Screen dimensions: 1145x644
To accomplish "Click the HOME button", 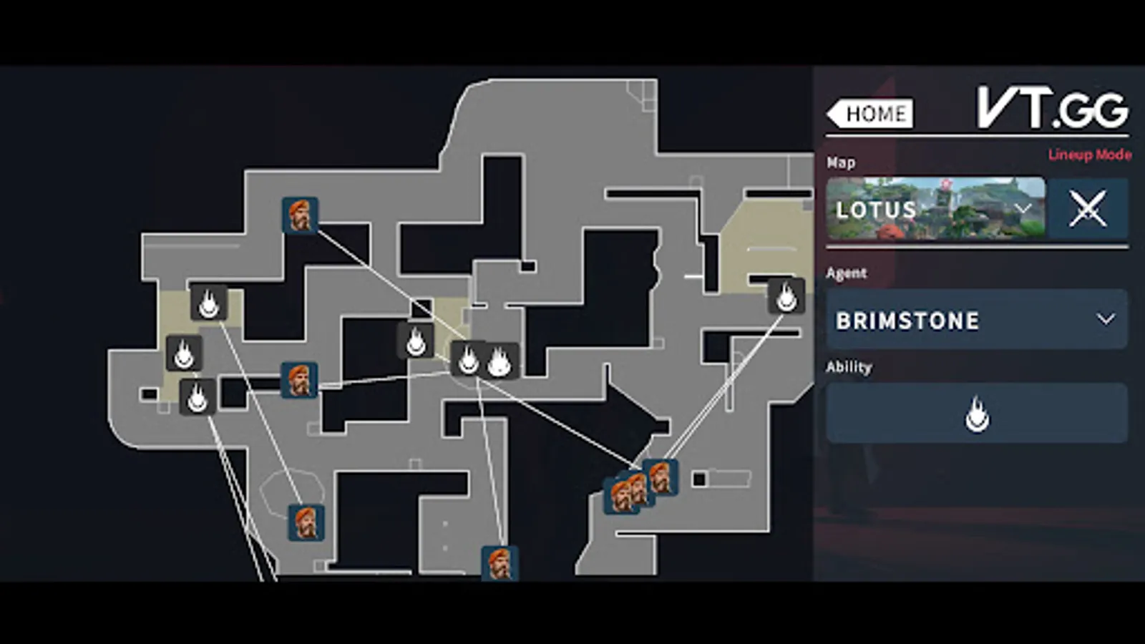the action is pyautogui.click(x=870, y=114).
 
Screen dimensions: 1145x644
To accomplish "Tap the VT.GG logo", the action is pyautogui.click(x=1053, y=108).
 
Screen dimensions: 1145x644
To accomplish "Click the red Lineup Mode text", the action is pyautogui.click(x=1089, y=155).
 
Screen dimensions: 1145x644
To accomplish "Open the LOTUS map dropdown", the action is pyautogui.click(x=935, y=208).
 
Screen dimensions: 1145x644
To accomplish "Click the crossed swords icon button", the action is pyautogui.click(x=1088, y=208).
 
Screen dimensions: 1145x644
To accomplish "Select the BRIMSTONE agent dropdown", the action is pyautogui.click(x=977, y=320).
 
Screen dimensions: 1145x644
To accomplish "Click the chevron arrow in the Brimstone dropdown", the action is pyautogui.click(x=1106, y=319).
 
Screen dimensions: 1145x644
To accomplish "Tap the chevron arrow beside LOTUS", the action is pyautogui.click(x=1023, y=208).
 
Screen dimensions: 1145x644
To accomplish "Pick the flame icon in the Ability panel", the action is pyautogui.click(x=977, y=414).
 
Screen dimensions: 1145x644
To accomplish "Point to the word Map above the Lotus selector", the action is pyautogui.click(x=841, y=162).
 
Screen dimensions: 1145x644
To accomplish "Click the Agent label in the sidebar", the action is pyautogui.click(x=846, y=273).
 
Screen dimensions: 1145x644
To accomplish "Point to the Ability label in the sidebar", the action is pyautogui.click(x=849, y=367).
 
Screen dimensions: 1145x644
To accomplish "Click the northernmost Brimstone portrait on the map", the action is pyautogui.click(x=300, y=215).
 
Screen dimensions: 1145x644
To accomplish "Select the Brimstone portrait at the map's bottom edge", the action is pyautogui.click(x=500, y=564).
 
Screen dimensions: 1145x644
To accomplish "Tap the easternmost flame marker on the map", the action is pyautogui.click(x=786, y=296).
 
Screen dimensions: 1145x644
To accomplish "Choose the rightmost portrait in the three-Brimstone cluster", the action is pyautogui.click(x=661, y=477).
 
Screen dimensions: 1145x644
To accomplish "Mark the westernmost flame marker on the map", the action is pyautogui.click(x=184, y=353).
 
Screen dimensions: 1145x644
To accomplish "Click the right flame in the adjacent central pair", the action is pyautogui.click(x=500, y=361).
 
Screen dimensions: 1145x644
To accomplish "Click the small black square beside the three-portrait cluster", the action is pyautogui.click(x=699, y=479).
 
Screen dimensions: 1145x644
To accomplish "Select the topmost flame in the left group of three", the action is pyautogui.click(x=208, y=303).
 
